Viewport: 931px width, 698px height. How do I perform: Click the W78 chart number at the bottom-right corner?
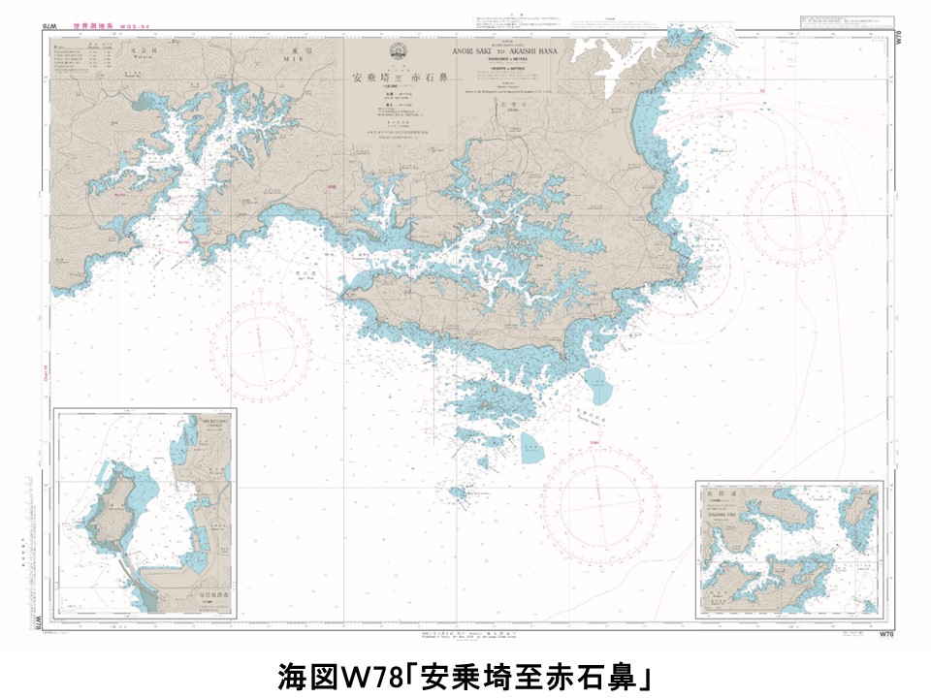(884, 635)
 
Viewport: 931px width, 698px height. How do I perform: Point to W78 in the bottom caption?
(373, 674)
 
